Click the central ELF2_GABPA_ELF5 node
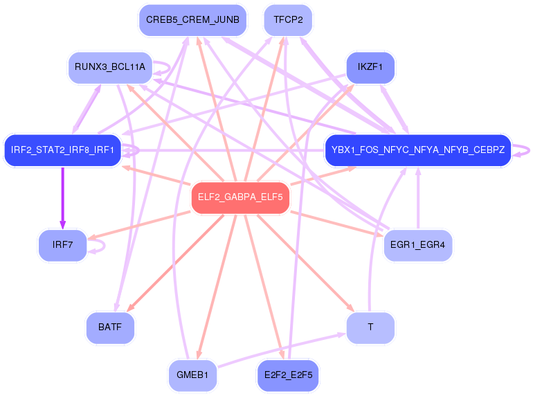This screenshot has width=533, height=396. (x=240, y=197)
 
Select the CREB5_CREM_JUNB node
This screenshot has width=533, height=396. (x=192, y=20)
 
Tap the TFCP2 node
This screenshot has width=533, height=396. (x=288, y=20)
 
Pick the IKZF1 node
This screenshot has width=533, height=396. (x=370, y=68)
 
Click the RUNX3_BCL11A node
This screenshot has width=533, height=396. (x=111, y=68)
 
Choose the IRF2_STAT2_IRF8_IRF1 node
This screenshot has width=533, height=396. (x=62, y=150)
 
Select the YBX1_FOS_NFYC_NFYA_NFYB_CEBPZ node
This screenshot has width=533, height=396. (x=418, y=150)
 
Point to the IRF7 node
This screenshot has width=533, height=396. (x=62, y=246)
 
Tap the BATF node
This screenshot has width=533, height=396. (x=110, y=327)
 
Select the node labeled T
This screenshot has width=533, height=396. (x=370, y=327)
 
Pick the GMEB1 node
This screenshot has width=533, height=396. (x=192, y=376)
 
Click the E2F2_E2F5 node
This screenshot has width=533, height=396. (x=288, y=376)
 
